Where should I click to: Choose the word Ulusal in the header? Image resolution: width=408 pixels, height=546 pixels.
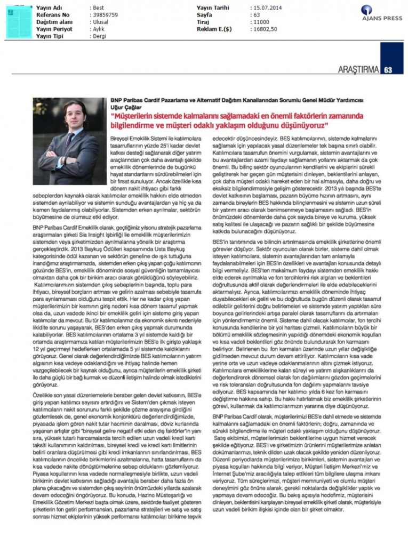click(101, 22)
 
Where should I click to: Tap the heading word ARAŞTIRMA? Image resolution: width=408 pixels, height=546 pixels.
click(359, 69)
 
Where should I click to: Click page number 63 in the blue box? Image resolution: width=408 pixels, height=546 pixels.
click(388, 69)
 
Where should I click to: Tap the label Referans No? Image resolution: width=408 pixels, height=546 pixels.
click(53, 15)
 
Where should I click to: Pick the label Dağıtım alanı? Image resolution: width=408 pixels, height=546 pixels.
click(55, 22)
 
